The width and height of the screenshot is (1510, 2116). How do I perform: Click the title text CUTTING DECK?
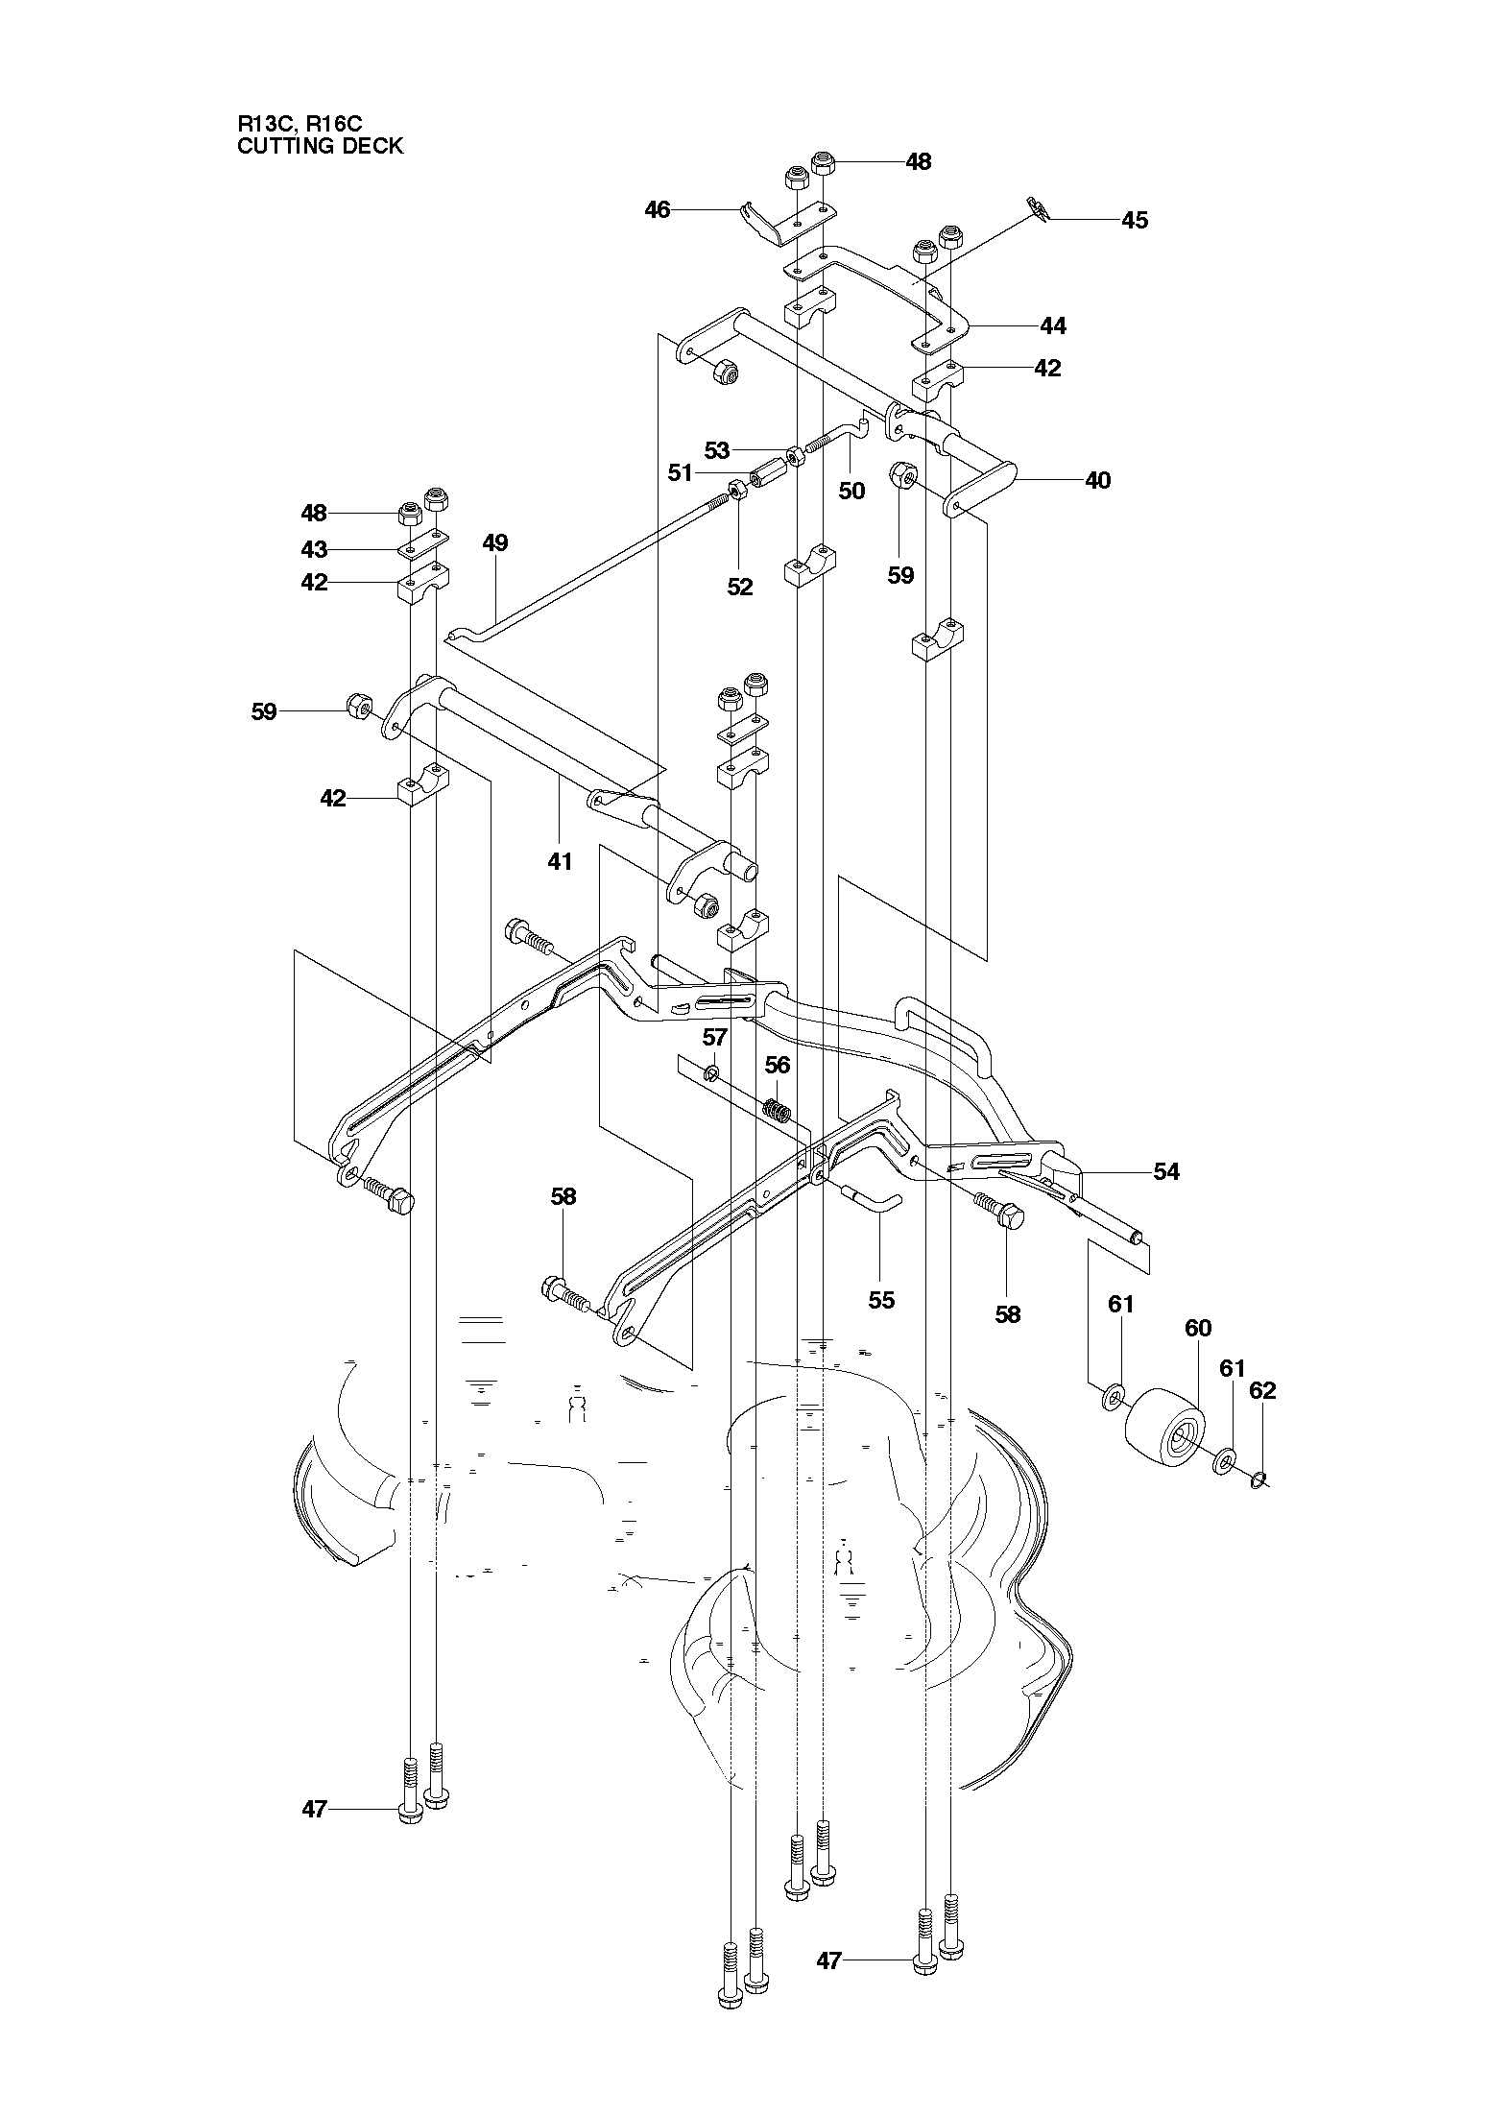pyautogui.click(x=320, y=147)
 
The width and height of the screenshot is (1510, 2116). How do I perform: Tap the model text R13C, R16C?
pyautogui.click(x=300, y=124)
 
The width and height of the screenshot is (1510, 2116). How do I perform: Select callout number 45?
pyautogui.click(x=1134, y=220)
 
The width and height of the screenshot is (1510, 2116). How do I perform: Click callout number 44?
pyautogui.click(x=1052, y=325)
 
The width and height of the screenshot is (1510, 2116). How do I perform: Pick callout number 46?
pyautogui.click(x=657, y=208)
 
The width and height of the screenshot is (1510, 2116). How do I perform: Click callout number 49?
pyautogui.click(x=494, y=542)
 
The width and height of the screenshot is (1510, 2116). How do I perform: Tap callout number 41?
pyautogui.click(x=560, y=861)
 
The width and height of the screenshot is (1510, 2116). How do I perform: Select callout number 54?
pyautogui.click(x=1165, y=1171)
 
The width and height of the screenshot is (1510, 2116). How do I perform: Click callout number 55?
pyautogui.click(x=880, y=1299)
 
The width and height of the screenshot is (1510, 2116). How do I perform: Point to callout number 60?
pyautogui.click(x=1198, y=1328)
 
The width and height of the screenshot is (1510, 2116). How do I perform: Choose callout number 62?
pyautogui.click(x=1262, y=1390)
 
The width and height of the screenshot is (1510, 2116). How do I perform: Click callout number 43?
pyautogui.click(x=314, y=549)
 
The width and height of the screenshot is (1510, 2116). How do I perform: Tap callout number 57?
pyautogui.click(x=715, y=1037)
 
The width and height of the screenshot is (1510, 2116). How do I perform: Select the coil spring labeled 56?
pyautogui.click(x=778, y=1112)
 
